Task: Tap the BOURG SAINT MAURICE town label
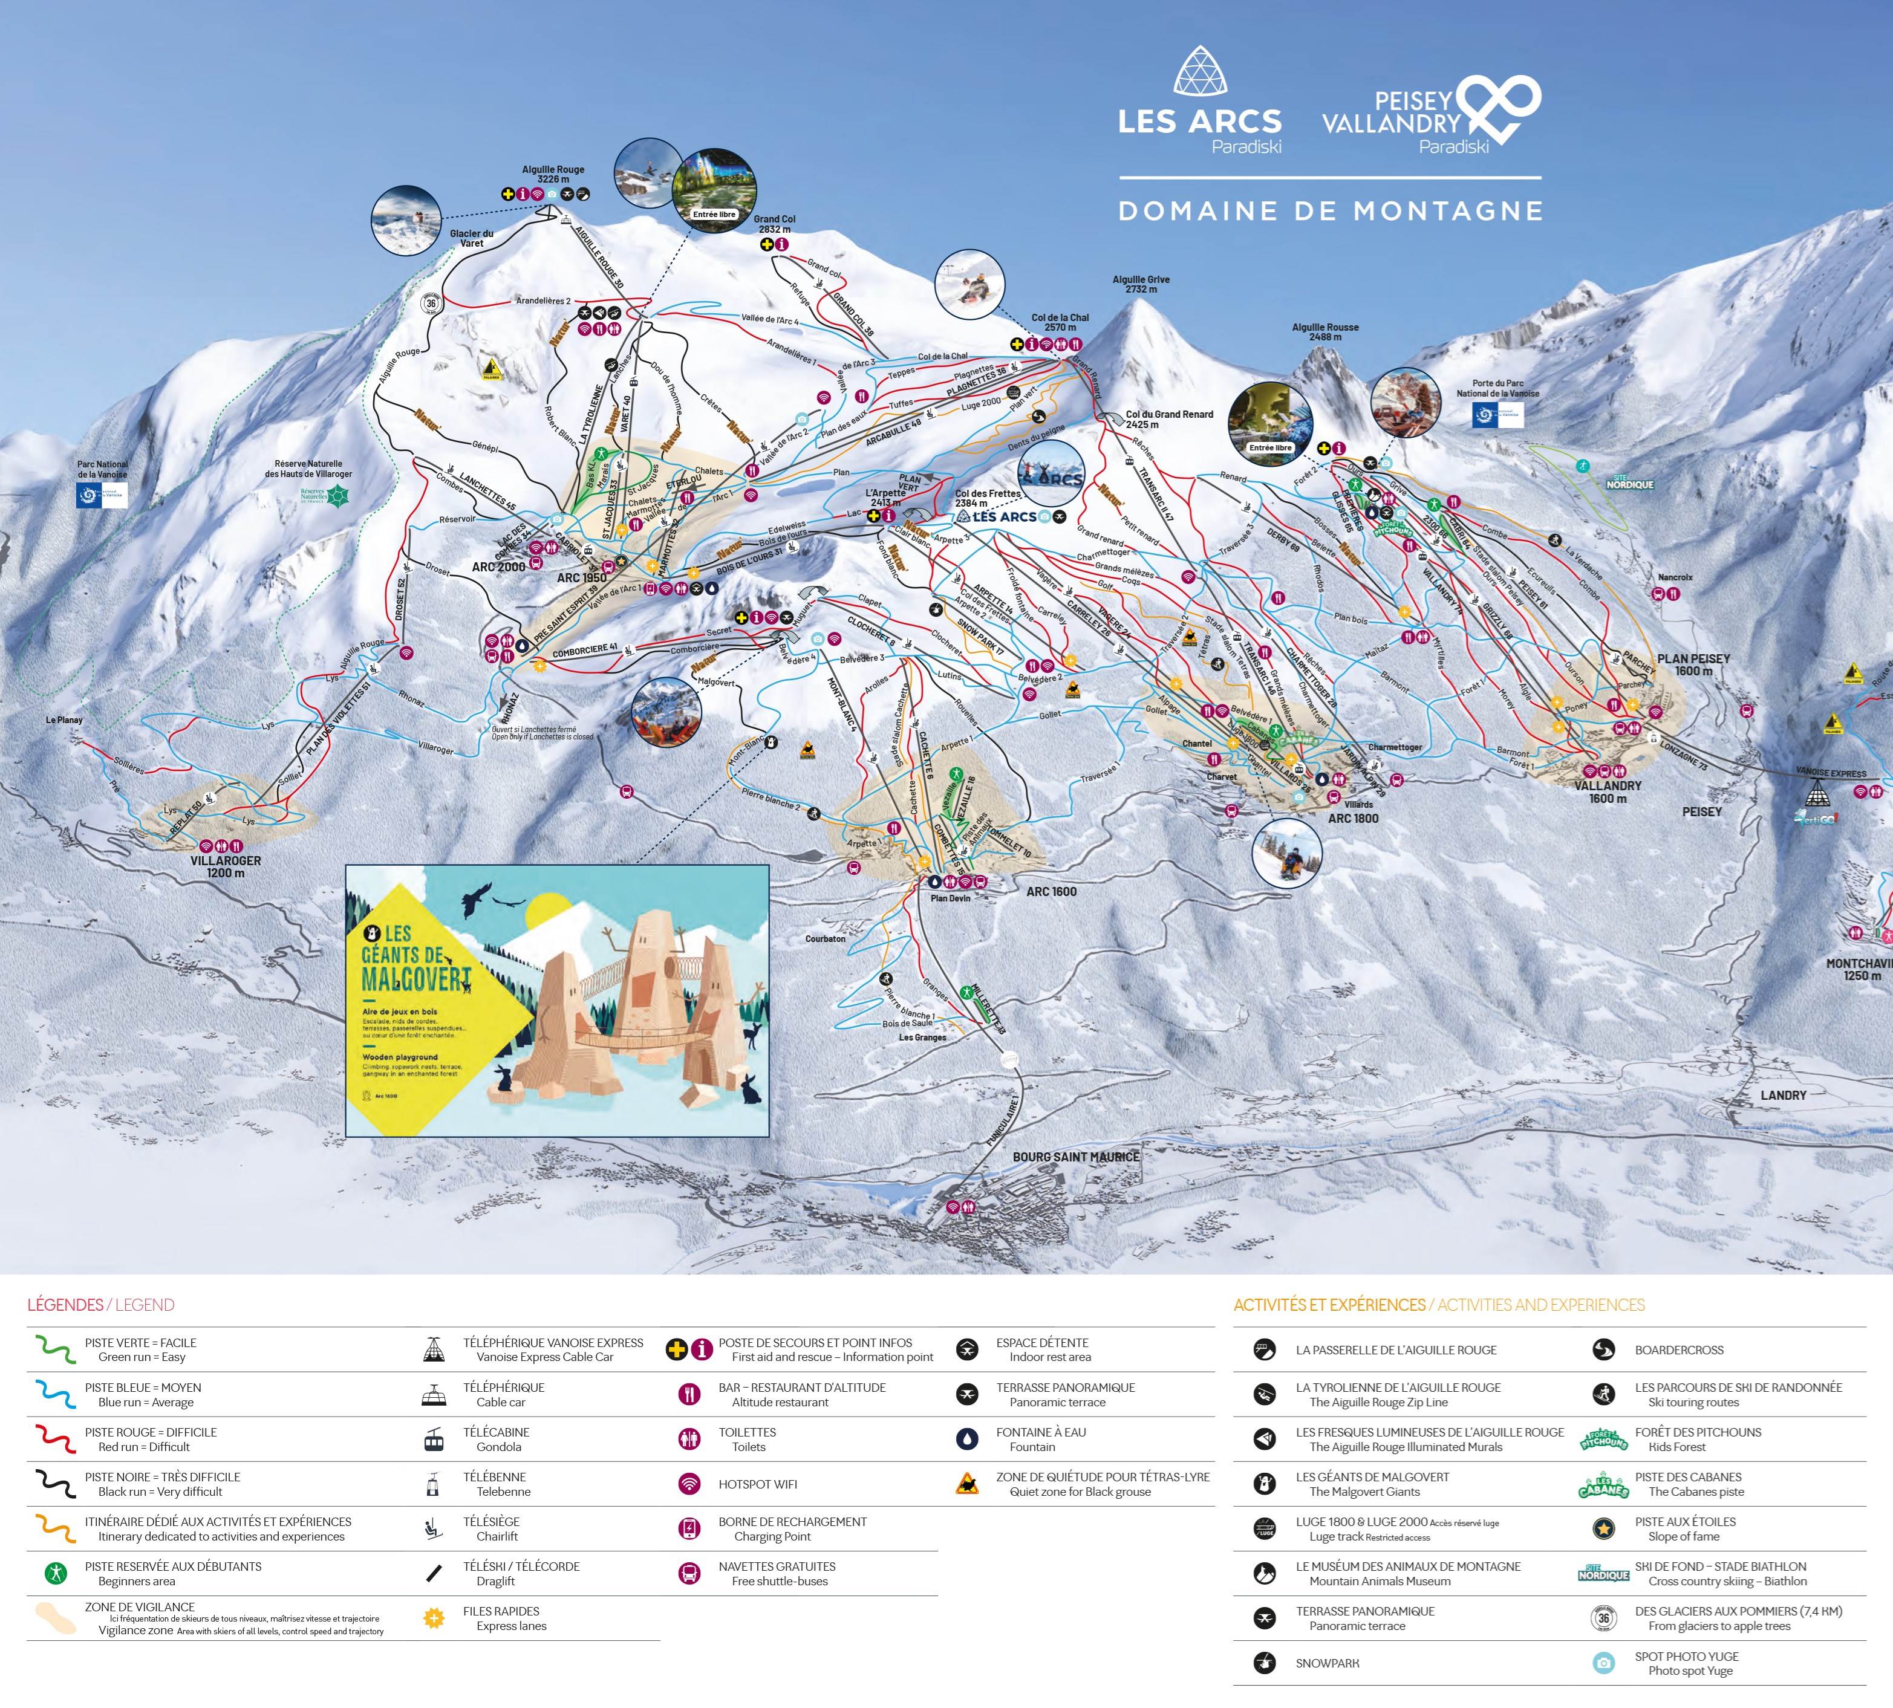coord(1075,1157)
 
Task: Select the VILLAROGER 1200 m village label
coord(225,866)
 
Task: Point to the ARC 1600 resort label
coord(1051,892)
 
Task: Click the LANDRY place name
coord(1783,1095)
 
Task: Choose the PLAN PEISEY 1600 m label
coord(1693,664)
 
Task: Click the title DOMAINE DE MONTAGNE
coord(1330,211)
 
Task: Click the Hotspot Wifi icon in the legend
coord(690,1484)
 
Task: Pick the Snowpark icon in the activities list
coord(1264,1663)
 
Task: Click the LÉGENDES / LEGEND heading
coord(100,1305)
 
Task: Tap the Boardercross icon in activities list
coord(1603,1349)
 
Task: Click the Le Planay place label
coord(64,720)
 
